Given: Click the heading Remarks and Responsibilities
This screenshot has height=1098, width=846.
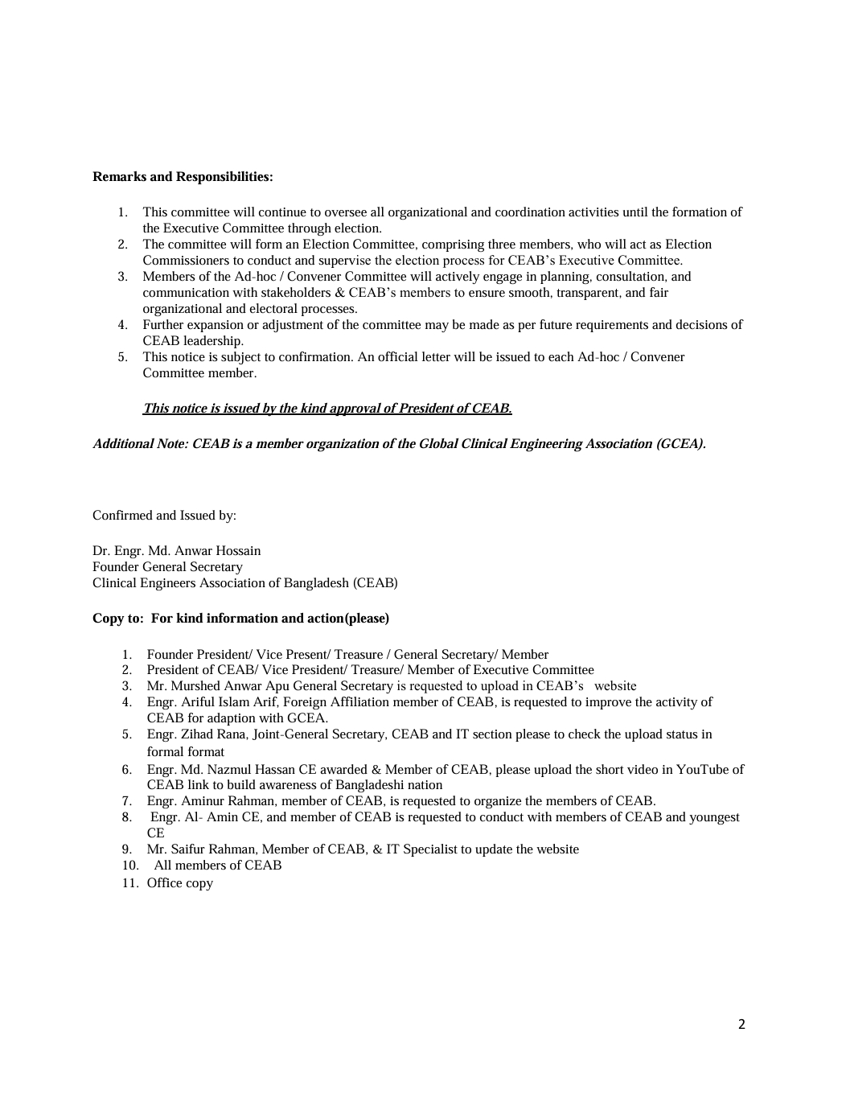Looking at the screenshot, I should (183, 176).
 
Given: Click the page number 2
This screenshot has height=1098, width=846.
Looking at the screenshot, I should (741, 1024).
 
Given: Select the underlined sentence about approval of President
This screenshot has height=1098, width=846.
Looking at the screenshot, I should (326, 408).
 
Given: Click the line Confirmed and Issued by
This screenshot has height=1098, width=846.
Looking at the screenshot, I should (164, 515).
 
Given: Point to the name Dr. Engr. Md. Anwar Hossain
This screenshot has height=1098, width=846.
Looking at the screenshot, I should (176, 550).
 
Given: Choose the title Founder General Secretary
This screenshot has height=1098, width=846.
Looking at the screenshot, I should (167, 566).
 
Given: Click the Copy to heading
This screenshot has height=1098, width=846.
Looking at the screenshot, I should (240, 618).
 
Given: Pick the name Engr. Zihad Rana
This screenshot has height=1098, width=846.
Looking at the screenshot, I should (196, 734).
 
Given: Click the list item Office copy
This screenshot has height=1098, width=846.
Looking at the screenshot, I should (179, 882).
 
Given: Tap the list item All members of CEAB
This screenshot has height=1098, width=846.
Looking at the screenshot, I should (218, 865).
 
